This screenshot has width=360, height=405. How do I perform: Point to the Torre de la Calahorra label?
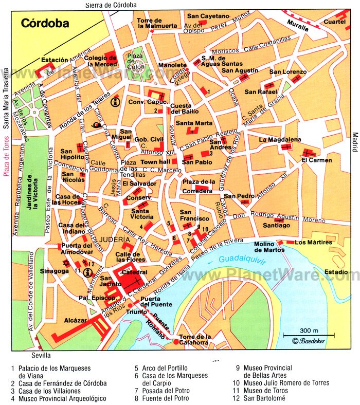pos(194,340)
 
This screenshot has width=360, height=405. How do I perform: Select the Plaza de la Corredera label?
pos(199,186)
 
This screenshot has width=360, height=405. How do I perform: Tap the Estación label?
pos(55,60)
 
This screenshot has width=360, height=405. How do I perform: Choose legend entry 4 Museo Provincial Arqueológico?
pos(58,398)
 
